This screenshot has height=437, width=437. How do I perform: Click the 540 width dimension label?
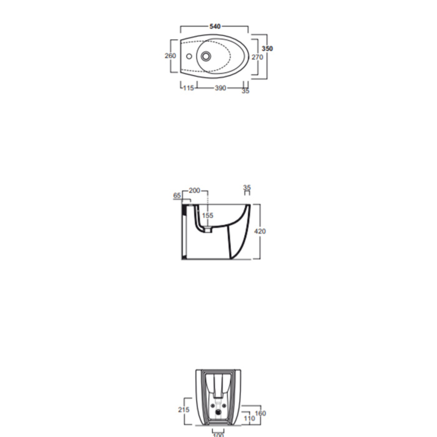[x=215, y=26]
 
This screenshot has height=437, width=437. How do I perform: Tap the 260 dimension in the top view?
[x=170, y=56]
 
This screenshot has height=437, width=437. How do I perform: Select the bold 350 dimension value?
[x=267, y=48]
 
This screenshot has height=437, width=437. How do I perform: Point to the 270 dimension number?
[x=257, y=57]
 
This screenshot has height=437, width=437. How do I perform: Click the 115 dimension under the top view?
[x=188, y=88]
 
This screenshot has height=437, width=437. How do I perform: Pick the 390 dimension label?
[x=220, y=88]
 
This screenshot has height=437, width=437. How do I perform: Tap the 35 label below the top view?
[x=246, y=91]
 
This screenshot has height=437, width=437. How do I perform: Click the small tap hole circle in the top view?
[x=189, y=56]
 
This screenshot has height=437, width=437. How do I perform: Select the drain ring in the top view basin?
[x=206, y=56]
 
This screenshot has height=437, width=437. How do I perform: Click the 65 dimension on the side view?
[x=177, y=195]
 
